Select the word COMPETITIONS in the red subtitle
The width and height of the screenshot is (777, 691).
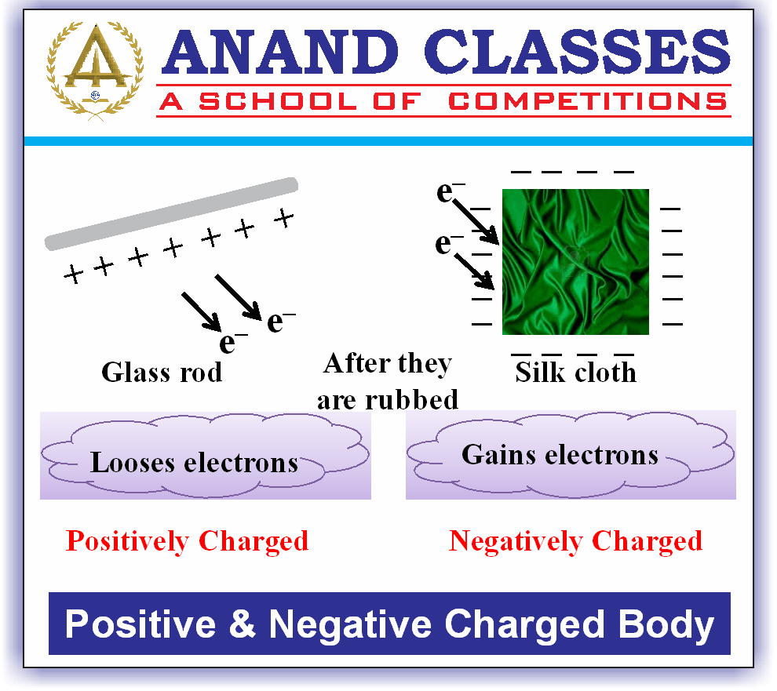pyautogui.click(x=587, y=101)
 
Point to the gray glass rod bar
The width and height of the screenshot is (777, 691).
pyautogui.click(x=171, y=214)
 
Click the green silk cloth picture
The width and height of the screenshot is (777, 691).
pyautogui.click(x=575, y=261)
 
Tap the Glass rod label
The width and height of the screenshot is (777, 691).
pyautogui.click(x=162, y=371)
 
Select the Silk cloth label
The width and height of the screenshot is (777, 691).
pyautogui.click(x=575, y=373)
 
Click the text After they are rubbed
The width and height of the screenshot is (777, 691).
pyautogui.click(x=388, y=381)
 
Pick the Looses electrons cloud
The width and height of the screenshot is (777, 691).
pyautogui.click(x=194, y=462)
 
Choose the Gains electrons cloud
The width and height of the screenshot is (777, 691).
pyautogui.click(x=560, y=454)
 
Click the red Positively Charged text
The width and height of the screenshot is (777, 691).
pyautogui.click(x=187, y=540)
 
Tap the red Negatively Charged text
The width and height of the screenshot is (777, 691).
pyautogui.click(x=575, y=540)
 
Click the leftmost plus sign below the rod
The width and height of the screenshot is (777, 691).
pyautogui.click(x=73, y=275)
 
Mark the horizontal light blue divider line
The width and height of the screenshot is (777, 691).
pyautogui.click(x=388, y=141)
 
